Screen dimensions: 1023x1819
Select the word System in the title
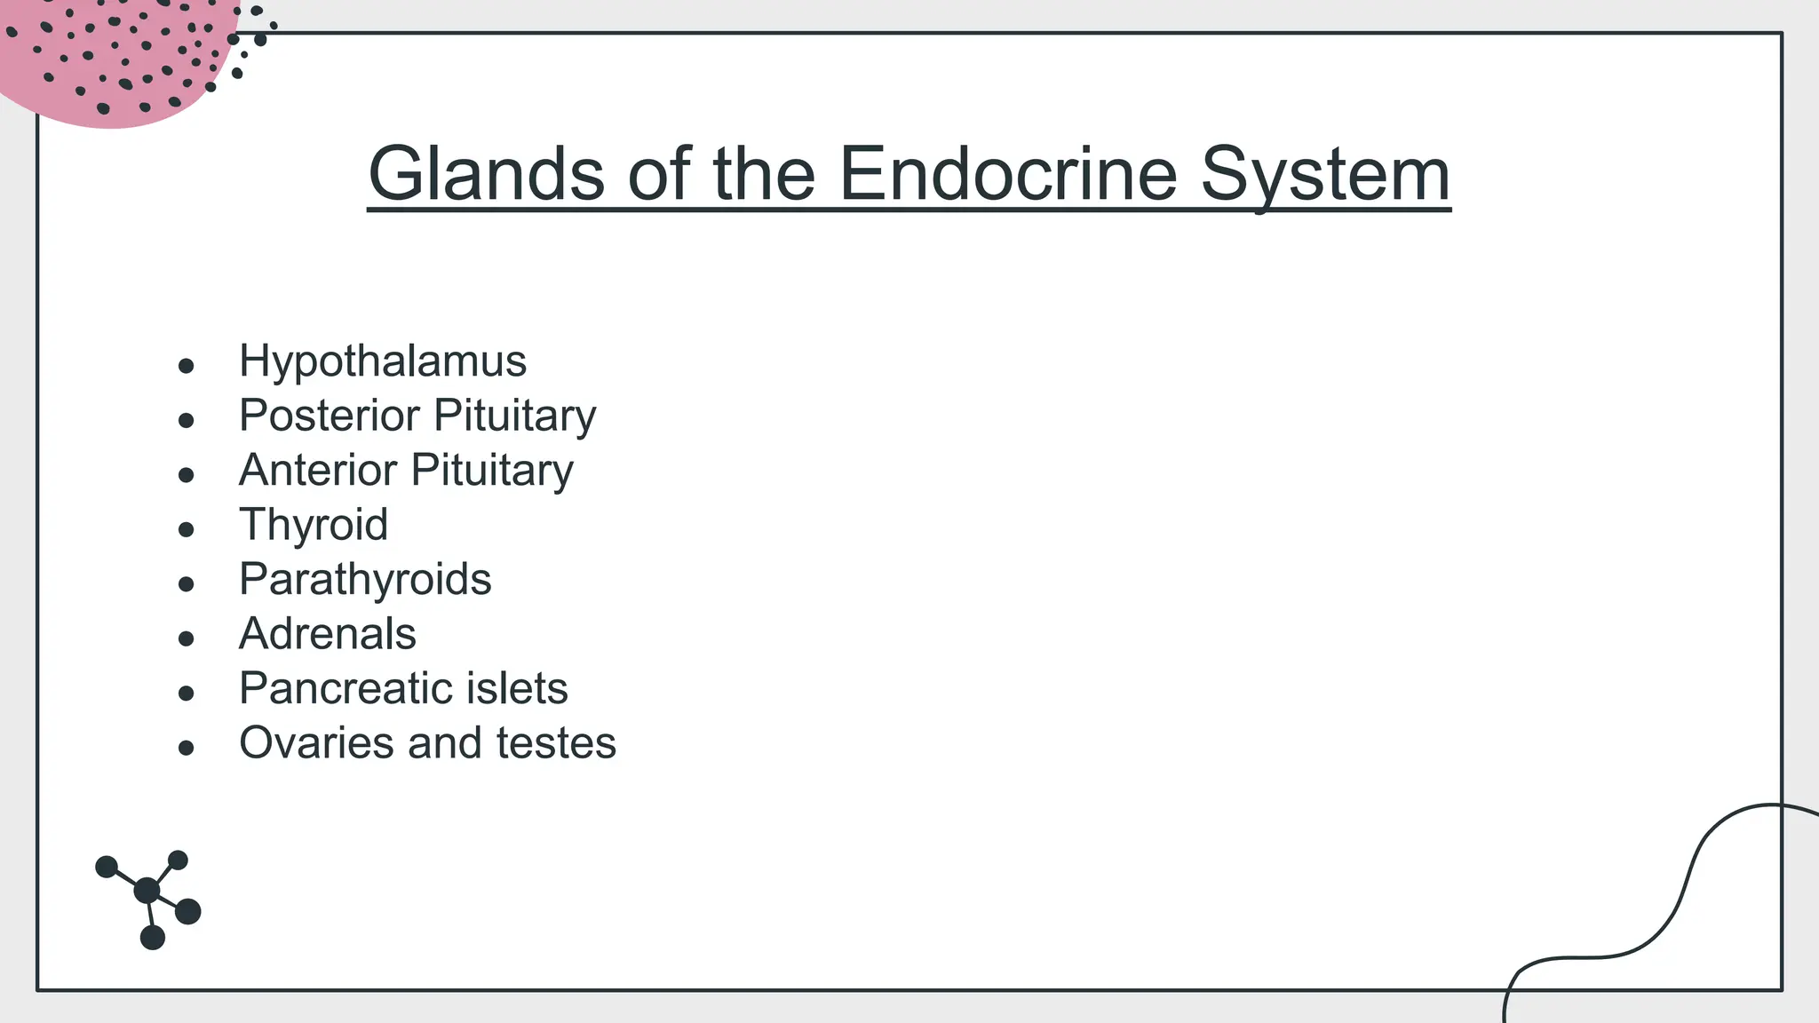click(x=1325, y=175)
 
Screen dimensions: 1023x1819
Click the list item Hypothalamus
click(x=383, y=361)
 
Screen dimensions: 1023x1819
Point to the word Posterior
click(x=329, y=416)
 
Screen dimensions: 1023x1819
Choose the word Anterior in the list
click(x=317, y=470)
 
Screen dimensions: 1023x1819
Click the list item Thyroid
click(x=314, y=525)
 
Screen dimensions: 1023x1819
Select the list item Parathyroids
click(x=365, y=580)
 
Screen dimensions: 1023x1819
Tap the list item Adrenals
click(x=328, y=634)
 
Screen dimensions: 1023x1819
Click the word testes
click(x=556, y=743)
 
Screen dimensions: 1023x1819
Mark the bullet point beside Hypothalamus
click(x=186, y=366)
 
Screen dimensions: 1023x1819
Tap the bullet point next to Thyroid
click(x=186, y=530)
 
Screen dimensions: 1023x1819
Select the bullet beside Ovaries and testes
click(x=186, y=749)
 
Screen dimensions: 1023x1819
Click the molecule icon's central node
click(x=147, y=890)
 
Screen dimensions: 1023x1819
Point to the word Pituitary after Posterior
click(x=515, y=416)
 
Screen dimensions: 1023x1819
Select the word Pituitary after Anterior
click(x=492, y=470)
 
